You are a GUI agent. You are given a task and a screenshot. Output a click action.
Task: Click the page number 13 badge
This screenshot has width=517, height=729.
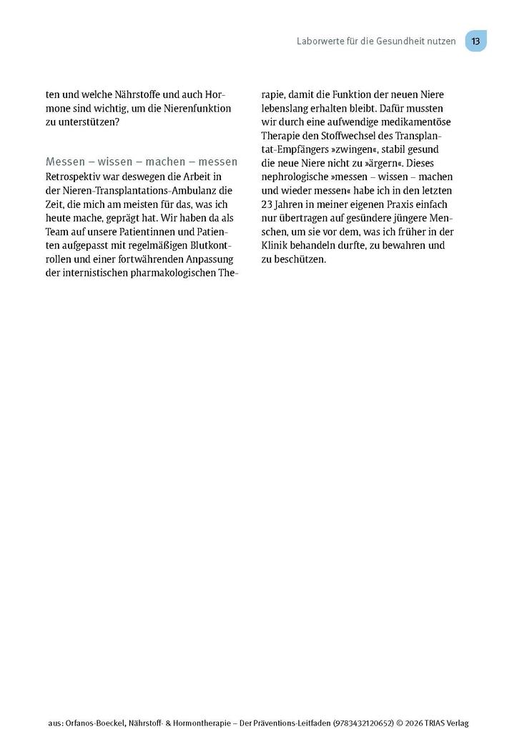point(476,41)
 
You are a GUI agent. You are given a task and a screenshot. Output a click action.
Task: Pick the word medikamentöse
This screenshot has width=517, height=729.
point(415,121)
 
